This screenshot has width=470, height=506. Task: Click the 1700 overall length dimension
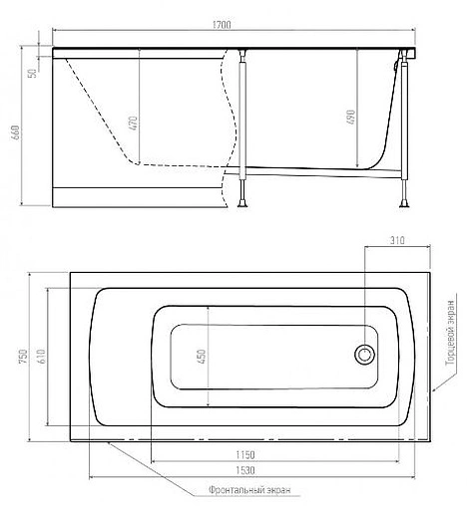click(222, 25)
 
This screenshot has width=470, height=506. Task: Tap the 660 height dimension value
click(16, 132)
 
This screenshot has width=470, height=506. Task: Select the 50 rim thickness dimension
click(33, 73)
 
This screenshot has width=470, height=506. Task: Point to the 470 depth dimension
click(133, 124)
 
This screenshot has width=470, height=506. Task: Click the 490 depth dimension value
click(351, 118)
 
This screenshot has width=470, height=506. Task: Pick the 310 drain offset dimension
click(397, 240)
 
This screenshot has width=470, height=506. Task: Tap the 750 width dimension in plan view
click(23, 357)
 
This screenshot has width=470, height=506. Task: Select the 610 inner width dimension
click(41, 357)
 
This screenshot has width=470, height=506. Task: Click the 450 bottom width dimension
click(202, 357)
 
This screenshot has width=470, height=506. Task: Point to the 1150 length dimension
click(245, 454)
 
